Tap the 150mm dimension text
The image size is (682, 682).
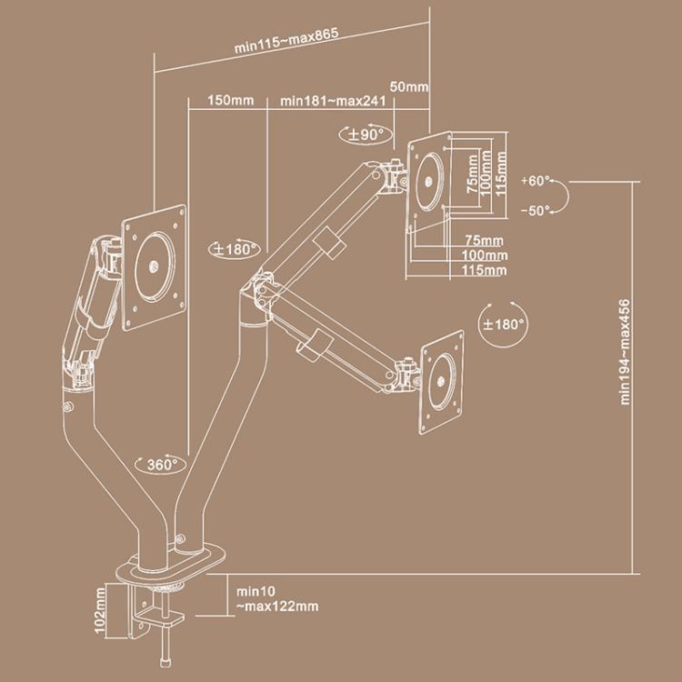pos(230,101)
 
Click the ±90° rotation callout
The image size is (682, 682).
pos(367,133)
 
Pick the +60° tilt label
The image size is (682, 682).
pos(537,180)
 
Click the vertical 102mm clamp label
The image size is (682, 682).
pos(99,611)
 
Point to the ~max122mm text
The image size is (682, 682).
pos(276,607)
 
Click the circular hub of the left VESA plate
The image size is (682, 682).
pos(154,266)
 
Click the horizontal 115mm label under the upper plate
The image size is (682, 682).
pos(484,270)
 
